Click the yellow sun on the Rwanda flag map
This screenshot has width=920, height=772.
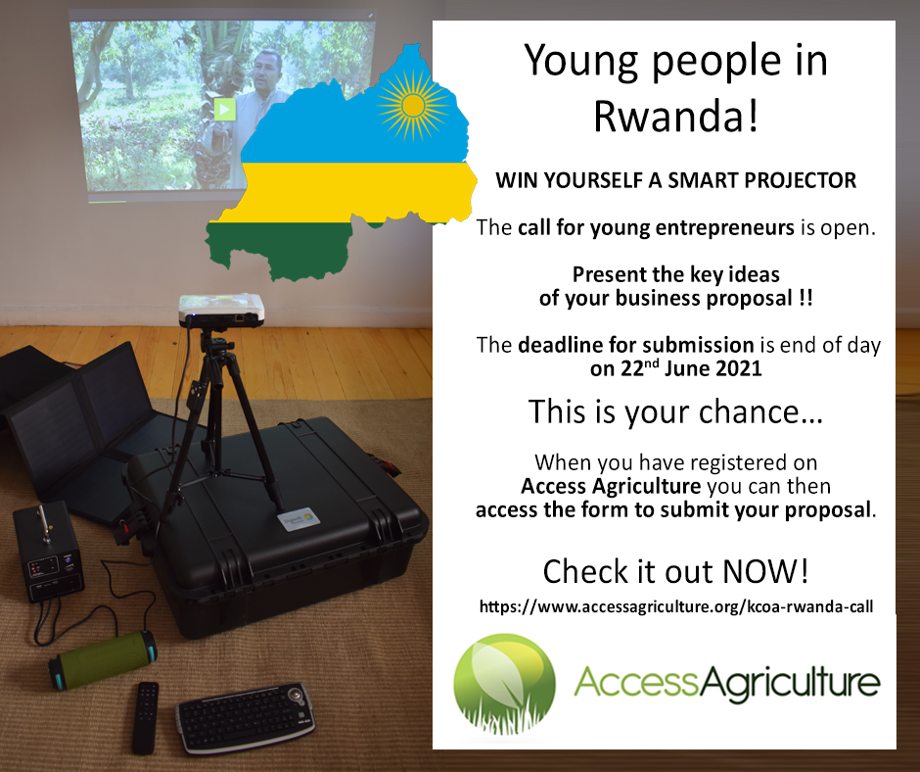[x=414, y=106]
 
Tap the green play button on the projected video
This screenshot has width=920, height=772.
[x=224, y=110]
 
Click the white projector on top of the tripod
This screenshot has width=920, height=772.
[x=222, y=310]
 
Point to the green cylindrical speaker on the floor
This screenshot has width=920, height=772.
[x=103, y=659]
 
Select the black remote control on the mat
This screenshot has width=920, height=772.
[x=146, y=718]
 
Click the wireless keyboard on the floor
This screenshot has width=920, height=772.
[x=250, y=717]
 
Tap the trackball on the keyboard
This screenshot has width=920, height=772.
[x=301, y=697]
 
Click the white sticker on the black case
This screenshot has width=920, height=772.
[x=299, y=519]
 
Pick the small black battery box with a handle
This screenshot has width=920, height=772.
[x=49, y=552]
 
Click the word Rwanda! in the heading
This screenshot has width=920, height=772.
[x=676, y=116]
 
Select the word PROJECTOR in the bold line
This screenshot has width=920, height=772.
[x=801, y=180]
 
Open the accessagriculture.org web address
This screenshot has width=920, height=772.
[x=676, y=606]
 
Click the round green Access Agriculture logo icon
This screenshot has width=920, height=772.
[x=505, y=685]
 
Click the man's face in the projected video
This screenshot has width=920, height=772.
[x=267, y=70]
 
